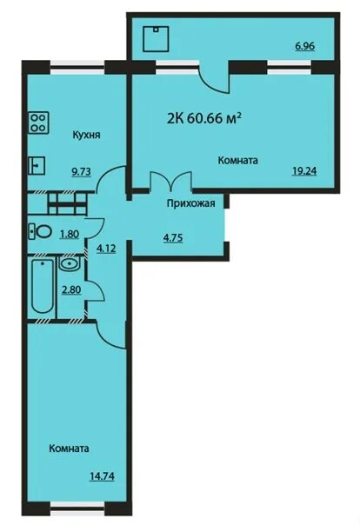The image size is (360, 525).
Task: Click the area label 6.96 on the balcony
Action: (304, 46)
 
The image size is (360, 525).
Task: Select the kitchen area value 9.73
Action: (82, 172)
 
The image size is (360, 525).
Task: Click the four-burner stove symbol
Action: (39, 123)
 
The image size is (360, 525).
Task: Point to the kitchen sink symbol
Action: (37, 165)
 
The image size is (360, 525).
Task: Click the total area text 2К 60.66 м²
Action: (204, 117)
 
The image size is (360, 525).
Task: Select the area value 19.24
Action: (304, 171)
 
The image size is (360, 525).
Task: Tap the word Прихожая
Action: (191, 203)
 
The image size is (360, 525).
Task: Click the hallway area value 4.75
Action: (172, 238)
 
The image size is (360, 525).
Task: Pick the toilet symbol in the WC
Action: (40, 231)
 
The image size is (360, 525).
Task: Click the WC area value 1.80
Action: (70, 233)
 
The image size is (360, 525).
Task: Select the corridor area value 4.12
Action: (106, 249)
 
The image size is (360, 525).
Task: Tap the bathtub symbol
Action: (43, 286)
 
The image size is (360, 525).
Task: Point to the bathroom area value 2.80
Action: (71, 289)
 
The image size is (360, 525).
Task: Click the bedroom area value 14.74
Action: (102, 475)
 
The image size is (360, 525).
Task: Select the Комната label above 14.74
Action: (69, 449)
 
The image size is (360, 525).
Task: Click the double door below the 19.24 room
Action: (170, 183)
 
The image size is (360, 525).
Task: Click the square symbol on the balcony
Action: (156, 39)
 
